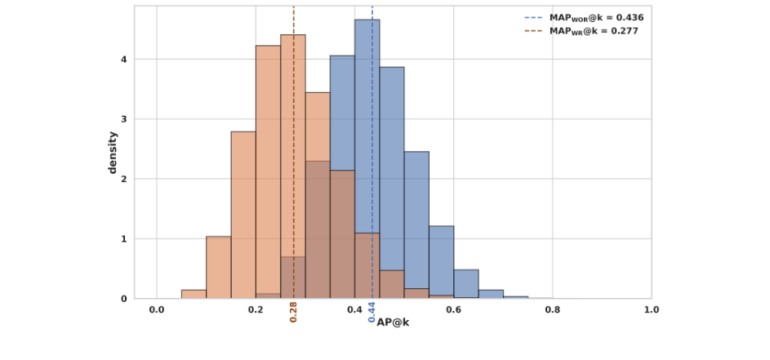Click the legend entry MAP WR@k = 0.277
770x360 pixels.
[x=581, y=31]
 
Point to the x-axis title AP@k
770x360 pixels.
[x=393, y=322]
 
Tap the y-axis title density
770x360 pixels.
[x=113, y=153]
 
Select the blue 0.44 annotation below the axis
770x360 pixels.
[x=372, y=313]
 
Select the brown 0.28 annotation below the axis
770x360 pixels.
[x=293, y=313]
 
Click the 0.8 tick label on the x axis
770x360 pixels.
[x=553, y=310]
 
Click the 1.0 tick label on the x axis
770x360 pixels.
[x=651, y=310]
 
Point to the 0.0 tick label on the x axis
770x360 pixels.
[x=157, y=310]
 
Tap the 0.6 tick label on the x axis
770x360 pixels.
[x=454, y=310]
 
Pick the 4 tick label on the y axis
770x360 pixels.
[x=124, y=60]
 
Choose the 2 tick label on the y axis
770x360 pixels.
[x=124, y=179]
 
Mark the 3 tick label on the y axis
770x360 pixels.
[x=124, y=119]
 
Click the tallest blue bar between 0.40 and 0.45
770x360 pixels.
[x=367, y=122]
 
